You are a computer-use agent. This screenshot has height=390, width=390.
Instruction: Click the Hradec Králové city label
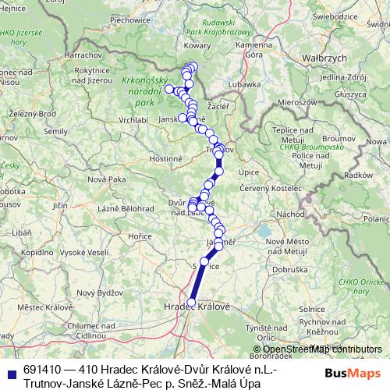pyautogui.click(x=197, y=307)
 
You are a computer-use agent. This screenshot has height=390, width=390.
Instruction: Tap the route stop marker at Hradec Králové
pyautogui.click(x=191, y=303)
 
